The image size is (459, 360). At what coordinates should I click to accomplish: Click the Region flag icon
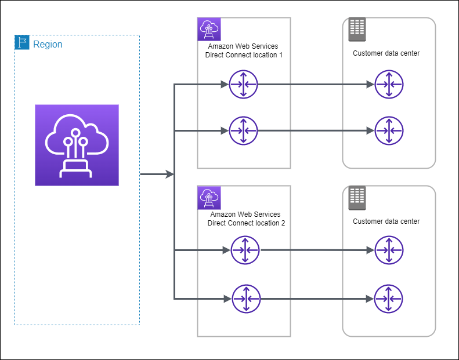click(22, 43)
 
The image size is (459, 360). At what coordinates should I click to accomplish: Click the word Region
click(48, 44)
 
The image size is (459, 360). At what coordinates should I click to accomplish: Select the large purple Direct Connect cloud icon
click(77, 145)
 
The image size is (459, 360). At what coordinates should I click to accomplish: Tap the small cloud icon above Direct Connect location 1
click(208, 28)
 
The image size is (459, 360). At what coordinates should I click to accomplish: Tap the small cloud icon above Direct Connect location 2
click(208, 197)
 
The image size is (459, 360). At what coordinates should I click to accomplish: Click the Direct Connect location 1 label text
click(244, 50)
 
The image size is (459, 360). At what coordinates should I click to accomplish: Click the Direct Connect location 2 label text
click(245, 219)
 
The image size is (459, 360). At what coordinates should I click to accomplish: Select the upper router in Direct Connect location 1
click(243, 85)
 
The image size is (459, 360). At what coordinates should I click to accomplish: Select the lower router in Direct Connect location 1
click(243, 130)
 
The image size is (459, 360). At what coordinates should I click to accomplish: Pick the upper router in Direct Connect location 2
click(245, 250)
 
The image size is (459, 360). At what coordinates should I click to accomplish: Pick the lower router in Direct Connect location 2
click(245, 299)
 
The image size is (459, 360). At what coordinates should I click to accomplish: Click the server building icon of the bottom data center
click(357, 198)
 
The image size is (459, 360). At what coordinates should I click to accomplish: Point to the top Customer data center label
click(386, 53)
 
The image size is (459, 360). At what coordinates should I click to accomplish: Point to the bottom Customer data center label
click(386, 221)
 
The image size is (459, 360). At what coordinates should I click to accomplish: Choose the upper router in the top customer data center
click(389, 85)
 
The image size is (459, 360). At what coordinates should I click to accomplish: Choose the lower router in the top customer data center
click(389, 130)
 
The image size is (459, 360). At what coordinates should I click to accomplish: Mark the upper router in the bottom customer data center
click(389, 250)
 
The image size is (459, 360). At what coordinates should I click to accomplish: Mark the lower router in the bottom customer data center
click(389, 299)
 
